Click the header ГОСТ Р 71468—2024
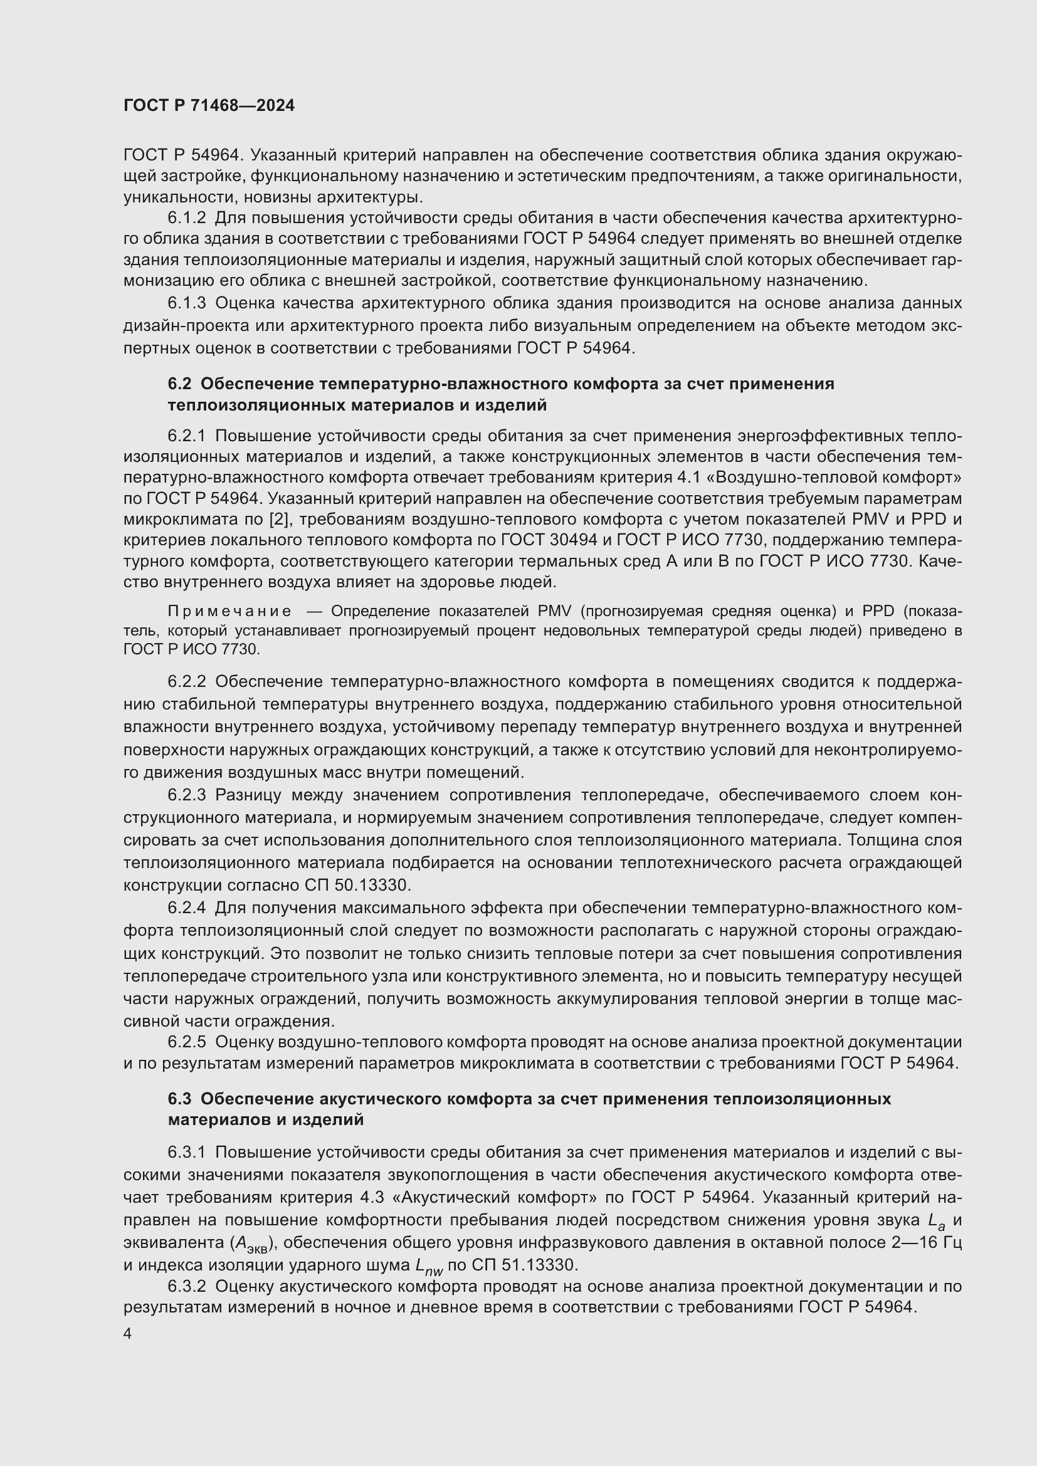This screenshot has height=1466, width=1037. (x=209, y=106)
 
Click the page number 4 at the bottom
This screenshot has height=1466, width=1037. (x=128, y=1334)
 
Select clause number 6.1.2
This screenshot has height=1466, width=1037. (x=186, y=218)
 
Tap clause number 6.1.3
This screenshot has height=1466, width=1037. (x=186, y=303)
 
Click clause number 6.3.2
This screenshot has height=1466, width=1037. (x=186, y=1286)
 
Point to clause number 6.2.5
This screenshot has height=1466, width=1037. (x=186, y=1042)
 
